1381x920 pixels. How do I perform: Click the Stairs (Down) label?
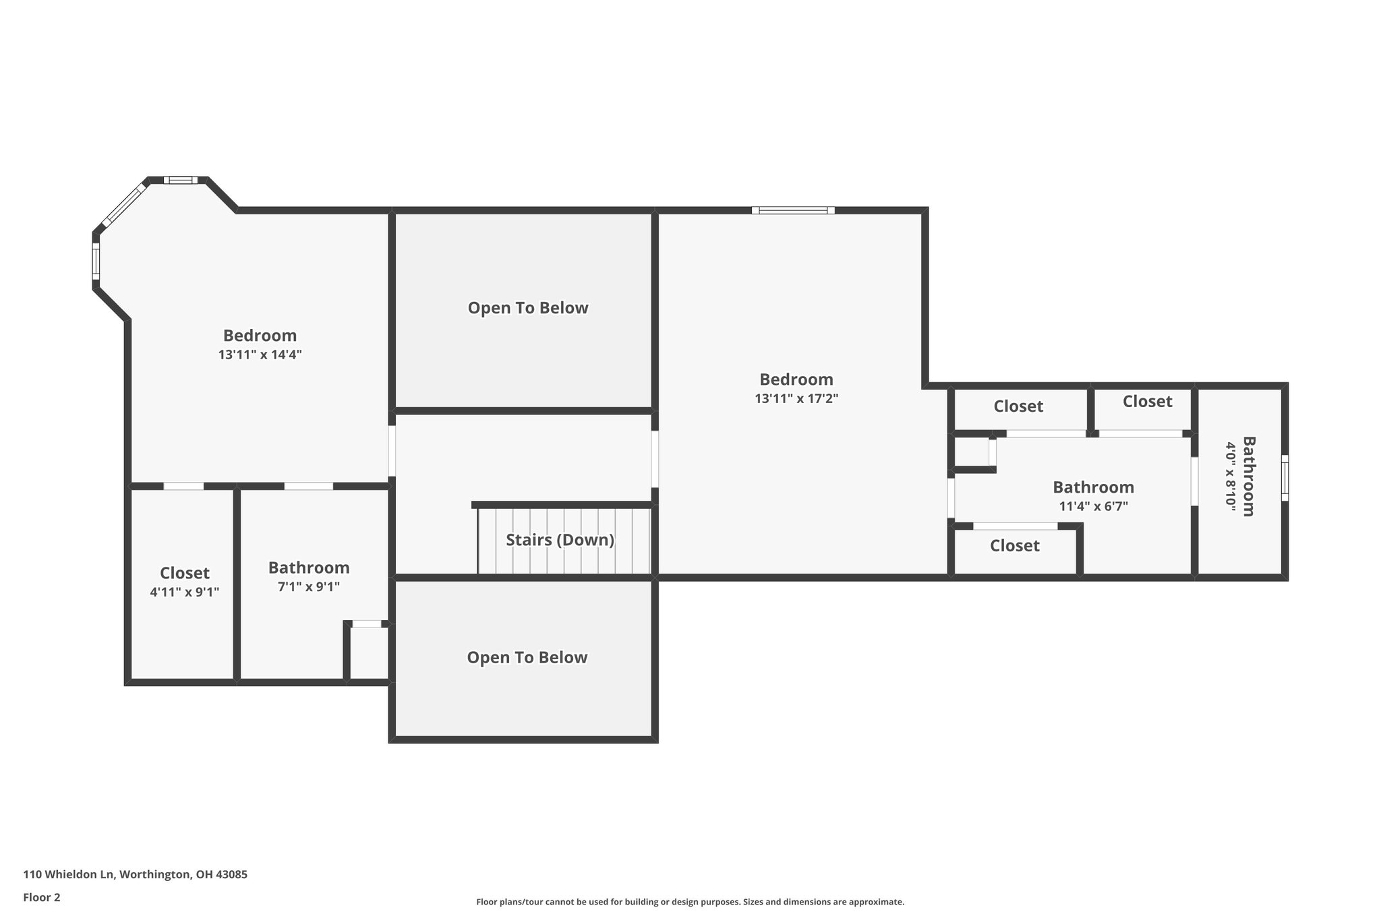(x=560, y=540)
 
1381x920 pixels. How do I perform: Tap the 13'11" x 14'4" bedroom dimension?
(x=260, y=355)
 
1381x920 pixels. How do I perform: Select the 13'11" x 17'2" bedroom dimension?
(x=796, y=398)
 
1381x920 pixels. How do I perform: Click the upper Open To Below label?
(x=528, y=308)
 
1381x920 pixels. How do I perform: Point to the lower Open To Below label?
(x=527, y=658)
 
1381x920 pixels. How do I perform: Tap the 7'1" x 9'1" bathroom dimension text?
(x=308, y=586)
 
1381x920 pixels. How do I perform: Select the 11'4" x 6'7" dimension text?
(x=1093, y=506)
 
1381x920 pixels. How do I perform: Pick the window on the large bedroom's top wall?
(x=793, y=210)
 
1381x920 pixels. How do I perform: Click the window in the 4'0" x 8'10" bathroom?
(x=1285, y=478)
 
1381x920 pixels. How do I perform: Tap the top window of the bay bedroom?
(x=180, y=180)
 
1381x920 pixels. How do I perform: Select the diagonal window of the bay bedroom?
(x=125, y=204)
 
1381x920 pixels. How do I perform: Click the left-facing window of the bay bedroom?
(x=96, y=261)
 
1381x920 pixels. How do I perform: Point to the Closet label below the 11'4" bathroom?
(x=1014, y=545)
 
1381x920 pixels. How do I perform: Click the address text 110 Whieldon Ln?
(x=135, y=874)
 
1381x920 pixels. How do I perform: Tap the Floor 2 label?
(x=41, y=897)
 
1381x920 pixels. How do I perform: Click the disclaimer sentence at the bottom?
(x=690, y=902)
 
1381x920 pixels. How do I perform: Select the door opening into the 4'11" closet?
(x=183, y=486)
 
